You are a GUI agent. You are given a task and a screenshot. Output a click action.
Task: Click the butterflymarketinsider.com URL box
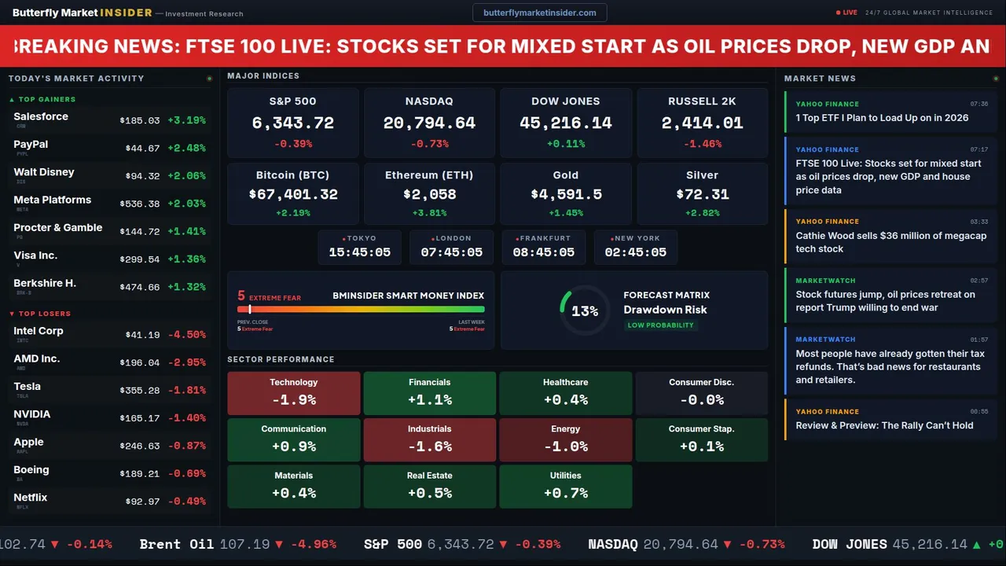pyautogui.click(x=539, y=13)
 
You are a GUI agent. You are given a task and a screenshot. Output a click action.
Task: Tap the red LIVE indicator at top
pyautogui.click(x=846, y=13)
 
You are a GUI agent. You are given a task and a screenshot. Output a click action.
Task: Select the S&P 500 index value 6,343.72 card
pyautogui.click(x=292, y=123)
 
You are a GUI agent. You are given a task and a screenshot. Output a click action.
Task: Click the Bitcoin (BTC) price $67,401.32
pyautogui.click(x=293, y=194)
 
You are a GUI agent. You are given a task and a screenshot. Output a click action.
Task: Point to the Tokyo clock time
pyautogui.click(x=359, y=252)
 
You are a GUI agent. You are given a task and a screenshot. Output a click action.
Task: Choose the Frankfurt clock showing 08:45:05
pyautogui.click(x=543, y=252)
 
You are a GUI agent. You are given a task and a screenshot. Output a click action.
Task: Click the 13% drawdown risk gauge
pyautogui.click(x=584, y=311)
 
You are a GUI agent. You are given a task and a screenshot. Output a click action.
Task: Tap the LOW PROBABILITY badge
pyautogui.click(x=660, y=325)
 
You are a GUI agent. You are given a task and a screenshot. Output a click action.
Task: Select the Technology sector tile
pyautogui.click(x=293, y=393)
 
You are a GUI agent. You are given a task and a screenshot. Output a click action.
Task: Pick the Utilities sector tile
pyautogui.click(x=565, y=487)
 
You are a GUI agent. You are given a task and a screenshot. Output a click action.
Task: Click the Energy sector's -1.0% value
pyautogui.click(x=565, y=447)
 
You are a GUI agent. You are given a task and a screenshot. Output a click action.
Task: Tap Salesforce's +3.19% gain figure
pyautogui.click(x=186, y=120)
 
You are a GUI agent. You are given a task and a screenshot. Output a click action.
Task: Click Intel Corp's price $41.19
pyautogui.click(x=142, y=335)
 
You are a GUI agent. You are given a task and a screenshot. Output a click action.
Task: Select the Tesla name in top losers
pyautogui.click(x=28, y=387)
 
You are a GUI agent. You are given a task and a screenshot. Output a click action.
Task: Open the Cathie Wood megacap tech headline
pyautogui.click(x=890, y=242)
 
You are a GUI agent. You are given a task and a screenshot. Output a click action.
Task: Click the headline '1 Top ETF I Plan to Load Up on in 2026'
pyautogui.click(x=882, y=118)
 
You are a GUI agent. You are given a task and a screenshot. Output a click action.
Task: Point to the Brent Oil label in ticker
pyautogui.click(x=176, y=544)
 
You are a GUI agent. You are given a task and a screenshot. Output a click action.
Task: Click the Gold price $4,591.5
pyautogui.click(x=565, y=194)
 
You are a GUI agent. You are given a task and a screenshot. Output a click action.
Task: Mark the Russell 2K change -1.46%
pyautogui.click(x=702, y=144)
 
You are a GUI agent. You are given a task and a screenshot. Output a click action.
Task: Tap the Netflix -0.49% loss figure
pyautogui.click(x=186, y=502)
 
